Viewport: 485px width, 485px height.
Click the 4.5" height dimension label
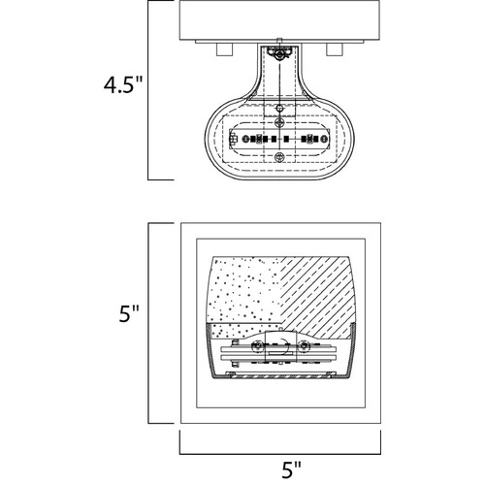(x=123, y=85)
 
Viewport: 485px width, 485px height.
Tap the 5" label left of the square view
(x=129, y=313)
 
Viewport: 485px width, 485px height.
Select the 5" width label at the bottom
(x=291, y=469)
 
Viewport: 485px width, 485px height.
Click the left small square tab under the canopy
(x=225, y=49)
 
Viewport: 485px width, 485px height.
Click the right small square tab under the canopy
(x=335, y=49)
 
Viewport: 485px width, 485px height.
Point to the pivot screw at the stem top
(x=278, y=55)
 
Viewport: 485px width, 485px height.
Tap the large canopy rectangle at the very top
(x=279, y=20)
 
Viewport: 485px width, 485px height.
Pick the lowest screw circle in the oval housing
(x=279, y=157)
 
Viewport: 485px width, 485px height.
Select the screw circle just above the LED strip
(x=279, y=122)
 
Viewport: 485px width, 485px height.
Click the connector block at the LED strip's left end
(x=233, y=139)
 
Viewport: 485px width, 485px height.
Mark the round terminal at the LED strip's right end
(x=324, y=140)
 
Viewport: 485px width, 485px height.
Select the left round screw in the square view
(x=258, y=346)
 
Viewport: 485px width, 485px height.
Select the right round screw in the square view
(x=304, y=346)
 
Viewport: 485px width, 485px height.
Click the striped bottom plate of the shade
(x=280, y=376)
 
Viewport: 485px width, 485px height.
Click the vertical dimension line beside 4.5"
(x=148, y=90)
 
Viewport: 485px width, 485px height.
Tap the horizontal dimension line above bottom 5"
(x=280, y=454)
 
